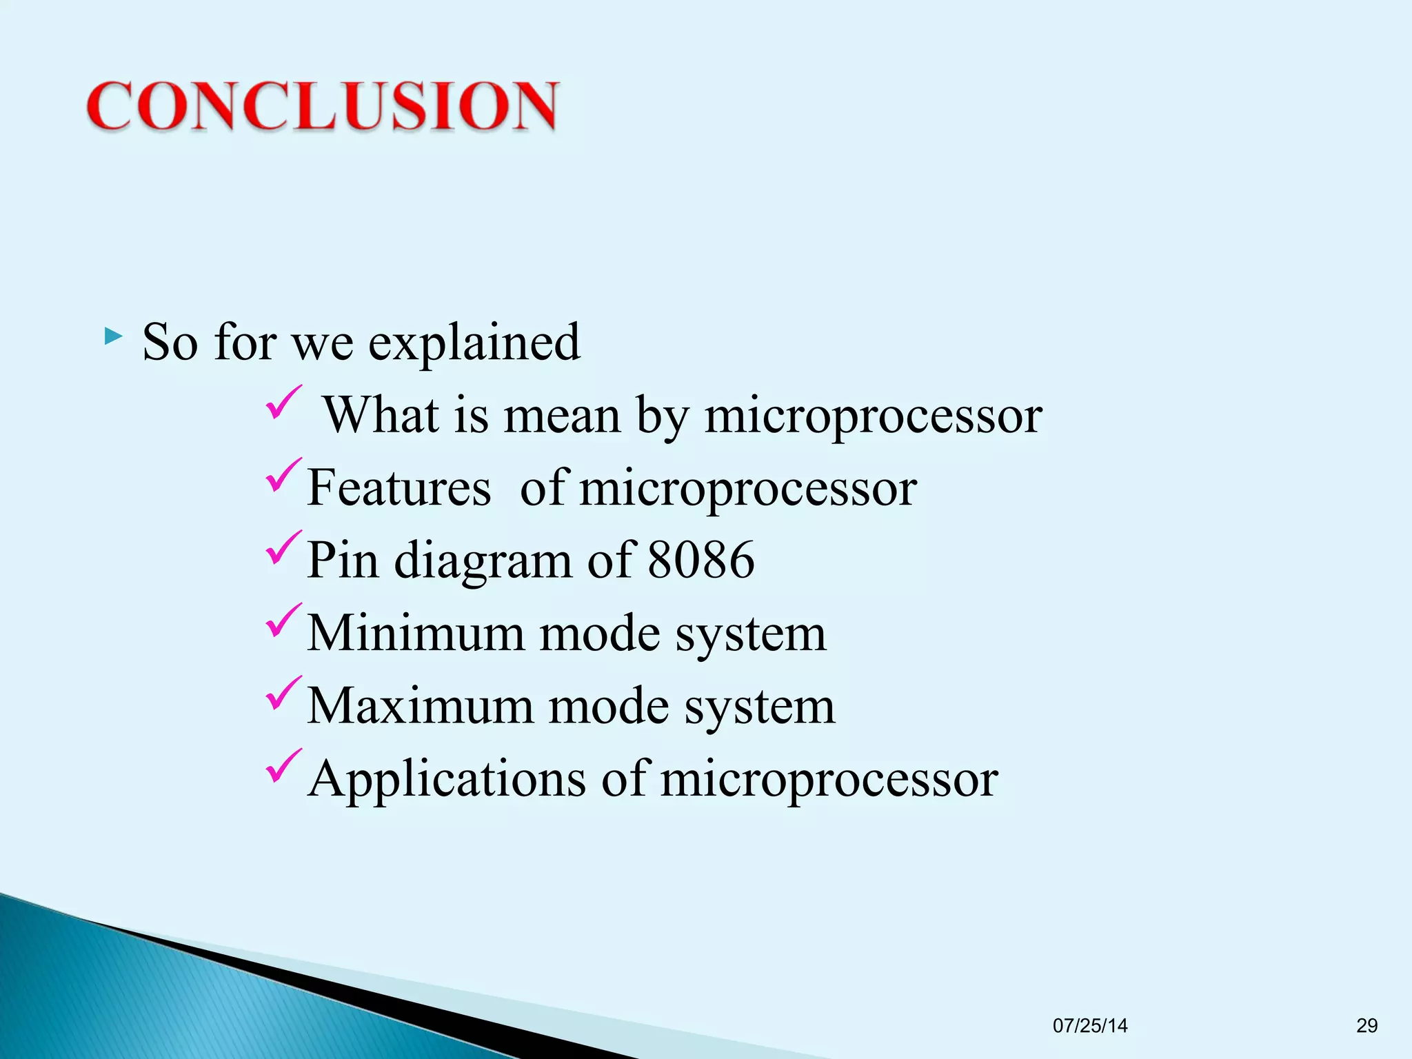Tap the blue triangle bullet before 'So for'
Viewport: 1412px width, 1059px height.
(113, 337)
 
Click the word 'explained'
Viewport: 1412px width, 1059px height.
(474, 343)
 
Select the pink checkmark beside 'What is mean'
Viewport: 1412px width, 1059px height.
(283, 403)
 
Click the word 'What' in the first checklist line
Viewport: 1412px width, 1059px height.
(381, 415)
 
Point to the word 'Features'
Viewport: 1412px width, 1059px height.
(399, 487)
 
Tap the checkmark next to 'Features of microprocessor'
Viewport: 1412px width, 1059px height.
(283, 475)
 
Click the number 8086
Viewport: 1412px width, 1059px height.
(701, 559)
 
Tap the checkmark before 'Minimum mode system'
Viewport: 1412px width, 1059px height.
(283, 620)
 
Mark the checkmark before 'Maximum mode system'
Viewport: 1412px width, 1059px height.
(283, 693)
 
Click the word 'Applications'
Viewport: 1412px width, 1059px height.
(447, 780)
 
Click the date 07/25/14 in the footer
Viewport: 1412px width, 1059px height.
(1090, 1026)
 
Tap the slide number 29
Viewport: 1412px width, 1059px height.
(1366, 1026)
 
